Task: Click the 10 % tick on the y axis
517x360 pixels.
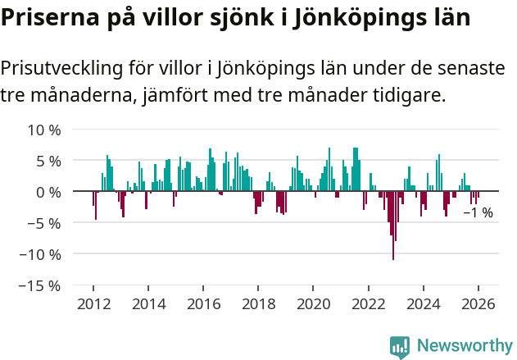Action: (44, 130)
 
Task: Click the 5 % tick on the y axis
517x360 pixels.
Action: (48, 161)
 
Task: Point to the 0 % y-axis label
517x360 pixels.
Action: (48, 192)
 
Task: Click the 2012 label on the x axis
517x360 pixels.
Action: (93, 303)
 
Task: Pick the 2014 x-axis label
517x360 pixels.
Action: (148, 303)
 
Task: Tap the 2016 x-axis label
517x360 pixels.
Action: (203, 303)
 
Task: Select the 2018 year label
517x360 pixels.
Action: (258, 303)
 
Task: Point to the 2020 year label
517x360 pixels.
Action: (313, 303)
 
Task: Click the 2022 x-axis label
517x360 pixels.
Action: (368, 303)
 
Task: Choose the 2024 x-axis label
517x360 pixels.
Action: (423, 303)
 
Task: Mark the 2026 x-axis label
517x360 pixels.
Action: (478, 303)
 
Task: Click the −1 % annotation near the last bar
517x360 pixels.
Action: (478, 213)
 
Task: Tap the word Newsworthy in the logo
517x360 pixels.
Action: (464, 346)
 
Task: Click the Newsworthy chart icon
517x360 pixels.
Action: (400, 347)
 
